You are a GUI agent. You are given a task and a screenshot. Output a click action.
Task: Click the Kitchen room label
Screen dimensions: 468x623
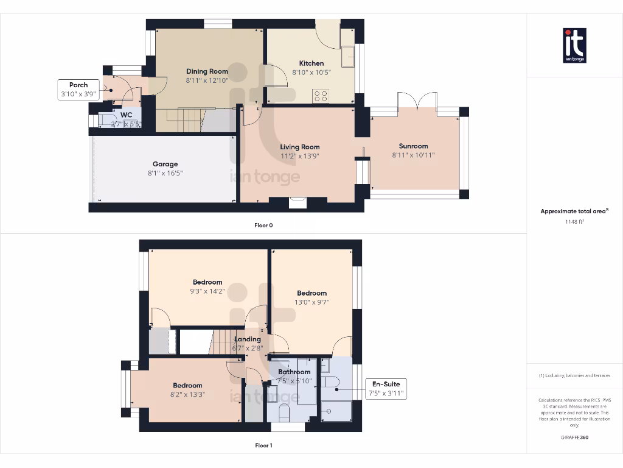point(311,63)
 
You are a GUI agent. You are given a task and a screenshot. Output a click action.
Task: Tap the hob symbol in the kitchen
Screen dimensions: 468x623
point(321,96)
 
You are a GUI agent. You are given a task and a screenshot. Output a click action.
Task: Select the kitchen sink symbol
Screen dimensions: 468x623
point(348,55)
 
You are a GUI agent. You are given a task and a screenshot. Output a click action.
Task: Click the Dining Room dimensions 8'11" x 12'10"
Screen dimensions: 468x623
point(207,80)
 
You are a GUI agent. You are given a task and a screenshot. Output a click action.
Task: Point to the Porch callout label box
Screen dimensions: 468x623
point(78,90)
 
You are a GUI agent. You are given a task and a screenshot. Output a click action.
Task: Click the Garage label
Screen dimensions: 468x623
point(165,164)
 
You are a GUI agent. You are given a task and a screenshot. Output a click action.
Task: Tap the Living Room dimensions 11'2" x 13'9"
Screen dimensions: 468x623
point(299,156)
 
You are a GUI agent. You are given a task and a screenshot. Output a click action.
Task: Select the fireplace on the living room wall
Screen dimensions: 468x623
point(298,204)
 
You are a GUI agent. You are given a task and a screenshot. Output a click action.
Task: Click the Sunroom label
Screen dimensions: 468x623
point(413,146)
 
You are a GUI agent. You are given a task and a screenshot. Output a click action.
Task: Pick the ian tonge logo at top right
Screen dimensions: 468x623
point(574,46)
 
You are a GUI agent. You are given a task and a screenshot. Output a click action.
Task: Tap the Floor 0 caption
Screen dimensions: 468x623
point(263,225)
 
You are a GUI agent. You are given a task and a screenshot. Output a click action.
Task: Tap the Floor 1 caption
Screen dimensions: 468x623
point(263,445)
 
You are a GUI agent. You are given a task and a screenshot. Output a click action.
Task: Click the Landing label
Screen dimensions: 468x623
point(248,339)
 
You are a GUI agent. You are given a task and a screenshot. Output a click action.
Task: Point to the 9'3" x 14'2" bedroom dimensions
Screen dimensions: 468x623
point(207,291)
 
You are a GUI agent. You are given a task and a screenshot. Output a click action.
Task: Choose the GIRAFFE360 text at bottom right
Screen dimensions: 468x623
point(574,437)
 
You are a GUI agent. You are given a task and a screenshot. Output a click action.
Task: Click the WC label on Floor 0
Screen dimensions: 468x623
point(126,115)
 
